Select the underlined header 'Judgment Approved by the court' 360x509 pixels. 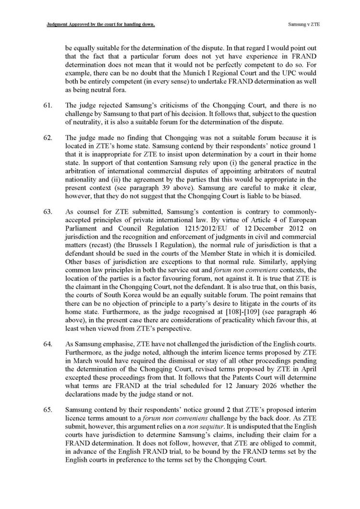pyautogui.click(x=94, y=23)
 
